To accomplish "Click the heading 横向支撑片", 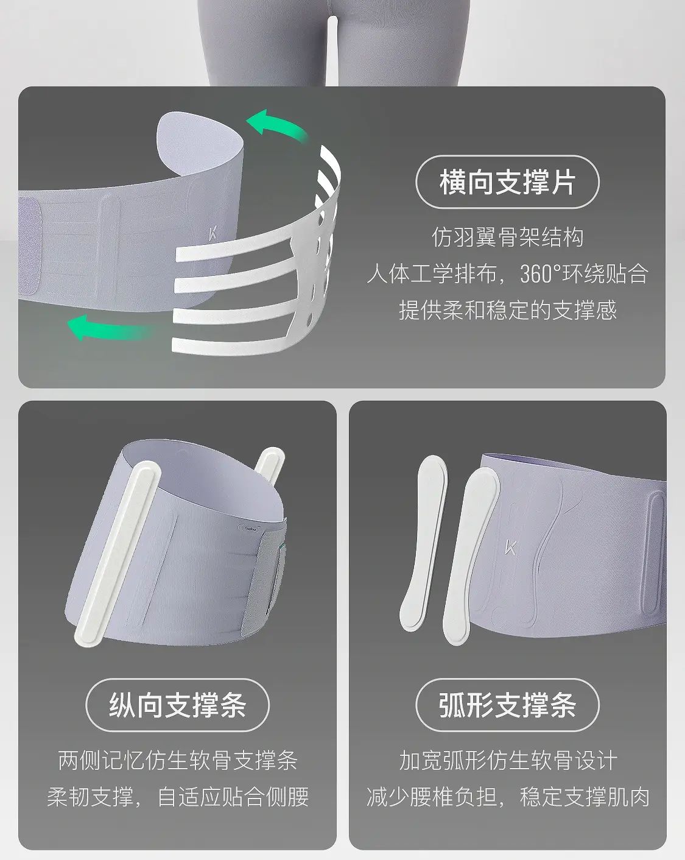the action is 508,182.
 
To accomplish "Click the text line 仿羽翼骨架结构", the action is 508,238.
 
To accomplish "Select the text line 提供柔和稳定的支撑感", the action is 508,310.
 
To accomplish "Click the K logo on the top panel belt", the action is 213,234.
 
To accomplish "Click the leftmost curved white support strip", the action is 424,543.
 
